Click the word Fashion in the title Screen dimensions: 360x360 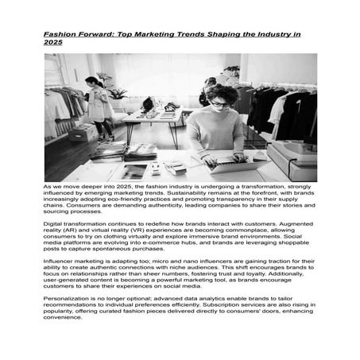(x=60, y=36)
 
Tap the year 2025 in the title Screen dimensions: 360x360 (x=54, y=44)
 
